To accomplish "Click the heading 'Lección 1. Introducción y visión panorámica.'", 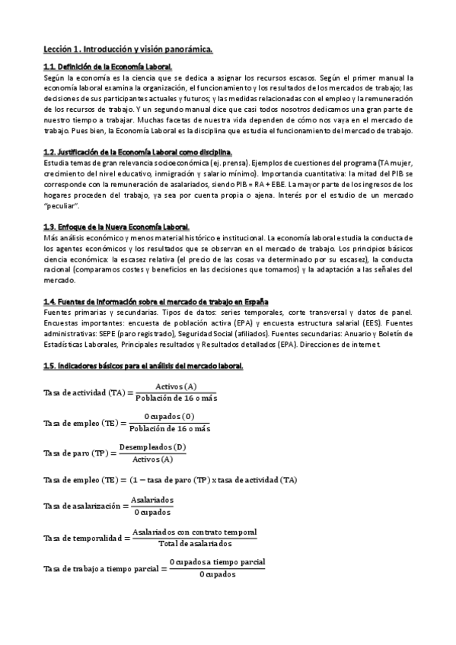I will (x=128, y=50).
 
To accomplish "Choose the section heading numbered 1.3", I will (x=116, y=227).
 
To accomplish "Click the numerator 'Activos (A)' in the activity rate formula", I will (x=175, y=386).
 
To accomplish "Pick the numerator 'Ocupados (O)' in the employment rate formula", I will (x=169, y=416).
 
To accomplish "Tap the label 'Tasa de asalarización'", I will (x=82, y=506).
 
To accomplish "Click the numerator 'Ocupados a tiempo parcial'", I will (x=217, y=561).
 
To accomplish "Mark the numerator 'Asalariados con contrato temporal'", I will (x=194, y=532).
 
